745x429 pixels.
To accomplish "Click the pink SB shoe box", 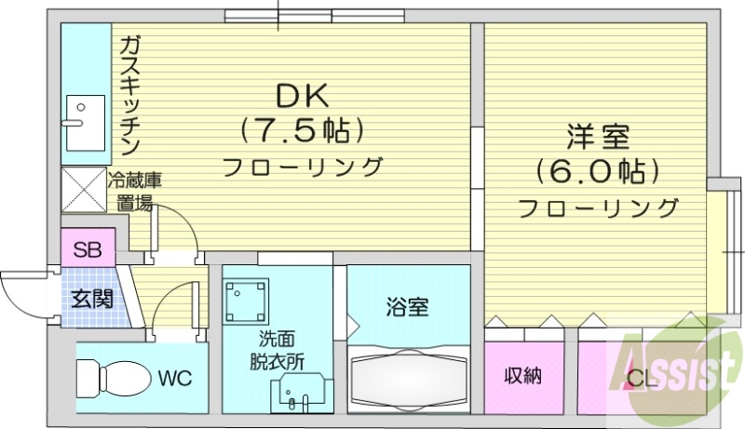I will (88, 249).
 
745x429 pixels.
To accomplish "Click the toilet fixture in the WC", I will (111, 379).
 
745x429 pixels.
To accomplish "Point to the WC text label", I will (174, 379).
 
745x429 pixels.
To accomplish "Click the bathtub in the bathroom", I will (409, 382).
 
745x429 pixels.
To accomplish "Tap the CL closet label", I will (641, 379).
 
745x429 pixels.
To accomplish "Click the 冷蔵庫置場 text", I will (135, 192).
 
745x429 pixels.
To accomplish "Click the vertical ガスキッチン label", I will (129, 93).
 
